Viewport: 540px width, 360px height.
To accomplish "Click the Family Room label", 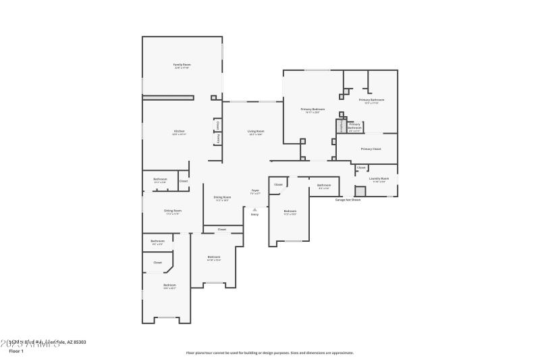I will [182, 65].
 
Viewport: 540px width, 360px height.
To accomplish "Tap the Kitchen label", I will [179, 130].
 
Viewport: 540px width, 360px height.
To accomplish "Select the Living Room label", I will [255, 131].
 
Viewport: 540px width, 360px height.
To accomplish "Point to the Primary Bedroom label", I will [313, 109].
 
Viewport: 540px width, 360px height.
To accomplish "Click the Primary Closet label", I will [371, 149].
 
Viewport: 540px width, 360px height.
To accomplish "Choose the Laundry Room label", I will [379, 178].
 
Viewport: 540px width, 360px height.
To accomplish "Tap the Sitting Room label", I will [172, 211].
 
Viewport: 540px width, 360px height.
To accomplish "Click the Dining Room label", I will [223, 197].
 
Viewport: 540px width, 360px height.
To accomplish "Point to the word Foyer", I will [255, 191].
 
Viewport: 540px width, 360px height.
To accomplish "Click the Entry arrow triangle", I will [254, 209].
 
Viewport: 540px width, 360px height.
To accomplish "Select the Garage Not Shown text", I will [348, 200].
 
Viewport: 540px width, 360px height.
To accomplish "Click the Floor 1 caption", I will [16, 351].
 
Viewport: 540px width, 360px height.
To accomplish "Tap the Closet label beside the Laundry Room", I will [361, 168].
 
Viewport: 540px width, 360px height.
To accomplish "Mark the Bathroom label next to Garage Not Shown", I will [325, 185].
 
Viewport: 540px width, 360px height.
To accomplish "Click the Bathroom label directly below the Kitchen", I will [160, 179].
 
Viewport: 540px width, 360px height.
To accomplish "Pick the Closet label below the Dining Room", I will [221, 230].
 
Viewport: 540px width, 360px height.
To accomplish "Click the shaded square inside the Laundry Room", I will [360, 191].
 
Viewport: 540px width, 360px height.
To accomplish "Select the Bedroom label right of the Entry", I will [290, 211].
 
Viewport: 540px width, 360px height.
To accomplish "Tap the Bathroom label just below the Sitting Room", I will [157, 241].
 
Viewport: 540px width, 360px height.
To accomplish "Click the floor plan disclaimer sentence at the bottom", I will [269, 353].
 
